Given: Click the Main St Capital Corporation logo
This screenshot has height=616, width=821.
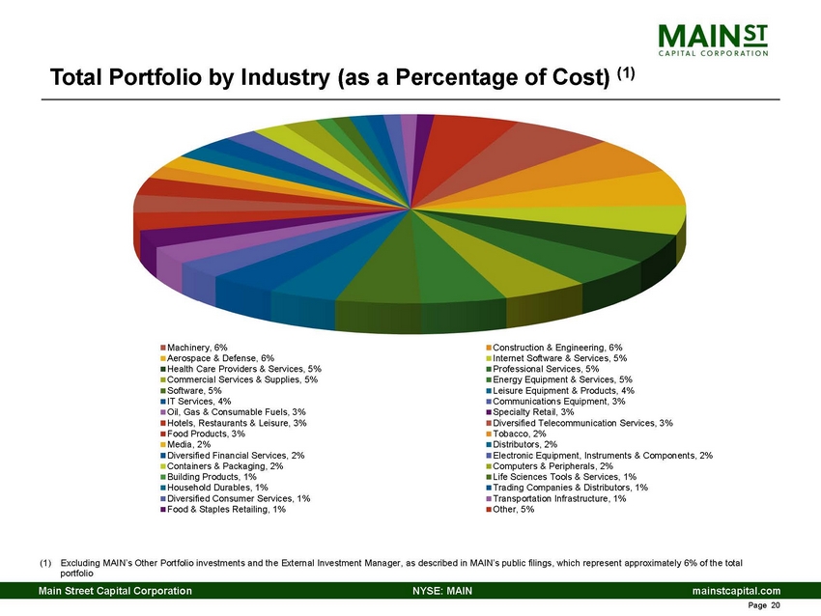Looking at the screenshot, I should pos(714,41).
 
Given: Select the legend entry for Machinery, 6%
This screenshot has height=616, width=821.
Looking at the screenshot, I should pos(197,347).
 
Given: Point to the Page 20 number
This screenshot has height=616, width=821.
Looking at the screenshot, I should pos(763,606).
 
